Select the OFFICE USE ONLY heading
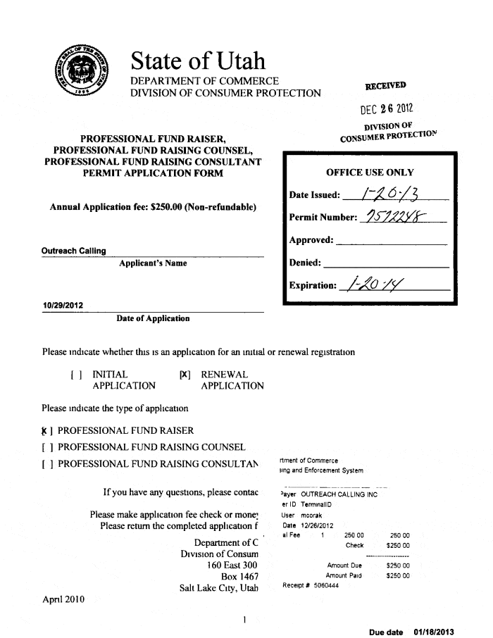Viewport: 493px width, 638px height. coord(370,173)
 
